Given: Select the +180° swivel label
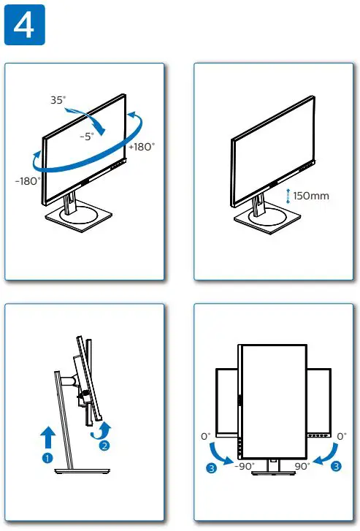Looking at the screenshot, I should coord(141,146).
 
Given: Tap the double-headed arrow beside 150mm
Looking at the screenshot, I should coord(288,195).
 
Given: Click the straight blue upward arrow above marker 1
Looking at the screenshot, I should coord(48,437).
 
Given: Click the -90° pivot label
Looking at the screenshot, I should coord(244,465).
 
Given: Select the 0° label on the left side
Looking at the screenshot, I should coord(205,436).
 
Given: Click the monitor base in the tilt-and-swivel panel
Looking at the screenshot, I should coord(80,216).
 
